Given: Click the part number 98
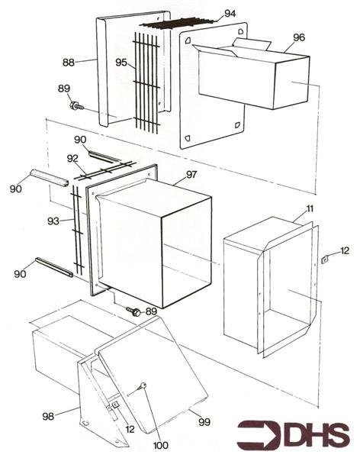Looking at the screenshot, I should (x=47, y=416).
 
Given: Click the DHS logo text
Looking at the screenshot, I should (x=317, y=434).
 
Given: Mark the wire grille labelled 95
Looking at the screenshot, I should (x=145, y=84).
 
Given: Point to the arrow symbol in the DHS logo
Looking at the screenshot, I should (x=259, y=434).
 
